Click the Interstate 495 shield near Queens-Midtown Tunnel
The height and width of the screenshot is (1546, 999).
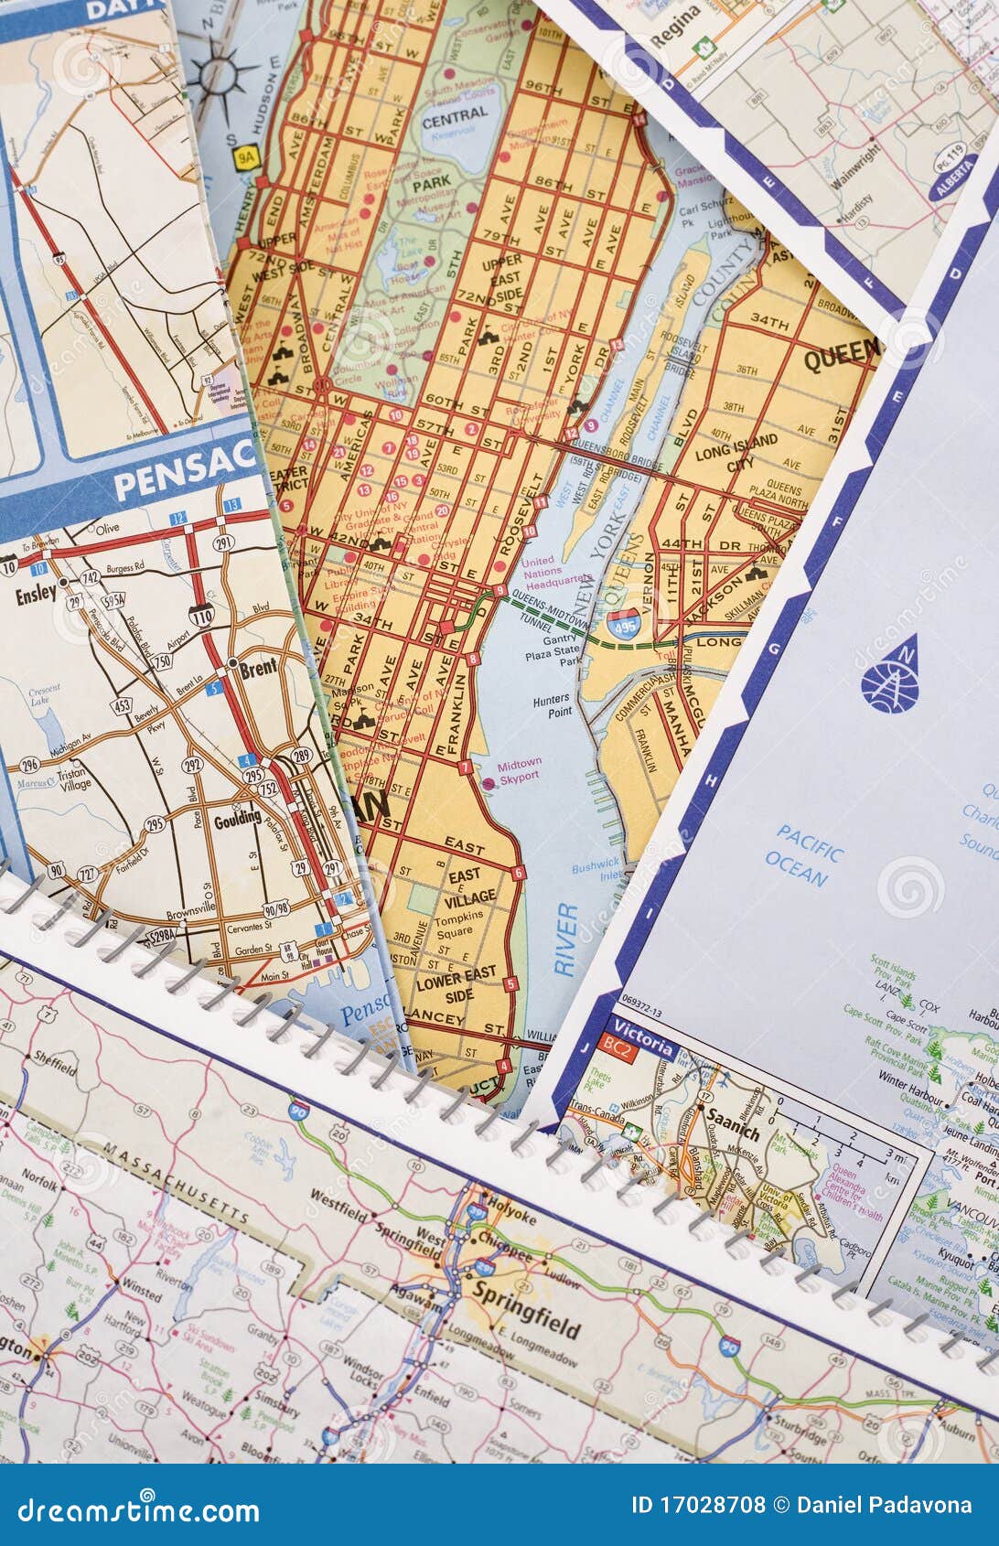623,623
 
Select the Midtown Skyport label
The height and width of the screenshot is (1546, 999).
520,768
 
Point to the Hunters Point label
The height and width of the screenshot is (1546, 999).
552,704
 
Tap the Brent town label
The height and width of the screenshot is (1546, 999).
258,669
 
